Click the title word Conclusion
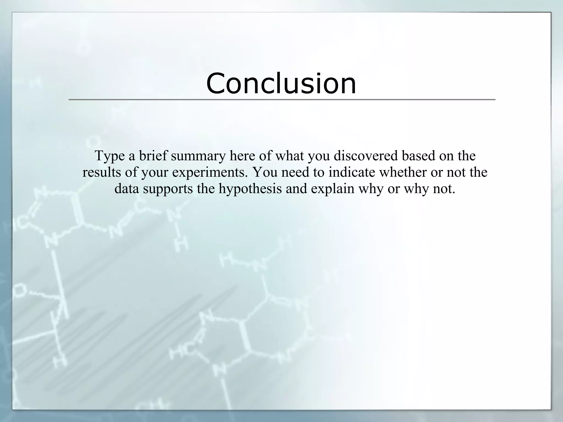point(281,83)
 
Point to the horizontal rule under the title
point(281,99)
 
